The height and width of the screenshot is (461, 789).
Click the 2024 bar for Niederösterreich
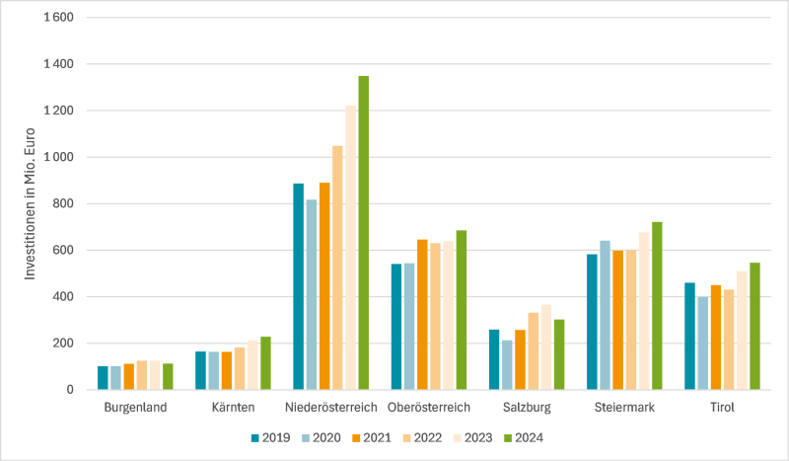pos(363,233)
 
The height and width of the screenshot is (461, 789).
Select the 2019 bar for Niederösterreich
pos(298,286)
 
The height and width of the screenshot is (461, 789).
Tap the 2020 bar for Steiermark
pos(605,315)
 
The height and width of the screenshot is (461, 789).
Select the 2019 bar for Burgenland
pos(103,378)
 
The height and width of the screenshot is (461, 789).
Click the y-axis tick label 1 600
pos(58,18)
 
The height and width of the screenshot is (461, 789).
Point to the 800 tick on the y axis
pos(65,203)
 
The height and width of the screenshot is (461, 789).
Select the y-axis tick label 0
pos(71,390)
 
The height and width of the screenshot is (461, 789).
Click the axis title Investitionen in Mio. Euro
pos(32,203)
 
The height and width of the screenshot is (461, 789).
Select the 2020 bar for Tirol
pos(702,343)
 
